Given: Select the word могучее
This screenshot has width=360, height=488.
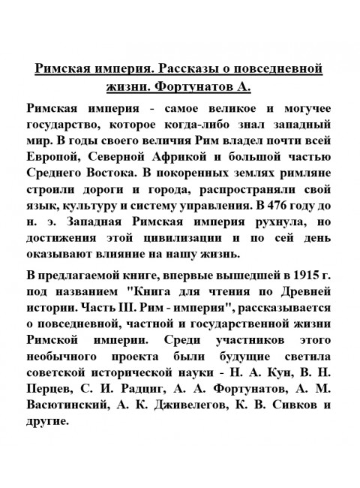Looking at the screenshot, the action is [x=298, y=107].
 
